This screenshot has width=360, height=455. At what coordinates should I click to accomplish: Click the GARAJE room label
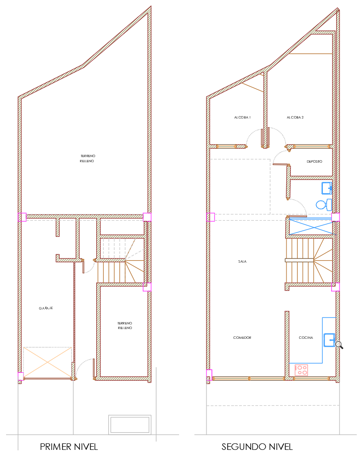pos(46,308)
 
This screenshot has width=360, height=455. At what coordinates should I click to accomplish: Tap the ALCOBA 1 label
pos(242,118)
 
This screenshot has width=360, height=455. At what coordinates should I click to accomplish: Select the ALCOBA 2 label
pos(295,118)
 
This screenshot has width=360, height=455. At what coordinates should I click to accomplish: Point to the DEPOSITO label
pos(314,162)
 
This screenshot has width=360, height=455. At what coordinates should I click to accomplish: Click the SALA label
pos(242,262)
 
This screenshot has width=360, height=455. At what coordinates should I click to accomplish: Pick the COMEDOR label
pos(242,338)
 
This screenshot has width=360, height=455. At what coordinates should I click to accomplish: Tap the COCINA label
pos(306,338)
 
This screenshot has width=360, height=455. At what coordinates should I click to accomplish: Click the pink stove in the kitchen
pos(301,370)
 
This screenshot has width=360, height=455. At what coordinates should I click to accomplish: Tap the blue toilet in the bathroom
pos(324,205)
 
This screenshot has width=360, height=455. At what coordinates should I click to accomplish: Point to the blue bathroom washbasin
pos(327,188)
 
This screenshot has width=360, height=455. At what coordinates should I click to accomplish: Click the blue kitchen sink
pos(329,340)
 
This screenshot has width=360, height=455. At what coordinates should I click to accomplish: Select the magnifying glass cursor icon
pos(340,345)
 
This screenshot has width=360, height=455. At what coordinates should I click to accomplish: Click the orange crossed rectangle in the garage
pos(47,363)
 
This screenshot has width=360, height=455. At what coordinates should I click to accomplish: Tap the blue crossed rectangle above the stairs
pos(311,227)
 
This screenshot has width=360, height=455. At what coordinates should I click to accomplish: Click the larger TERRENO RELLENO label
pos(87,158)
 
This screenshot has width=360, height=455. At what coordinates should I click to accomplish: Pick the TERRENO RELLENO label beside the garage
pos(125,326)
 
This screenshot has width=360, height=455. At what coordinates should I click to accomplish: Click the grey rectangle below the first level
pos(130,424)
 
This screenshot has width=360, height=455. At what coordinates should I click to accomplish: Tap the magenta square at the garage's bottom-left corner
pos(20,376)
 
